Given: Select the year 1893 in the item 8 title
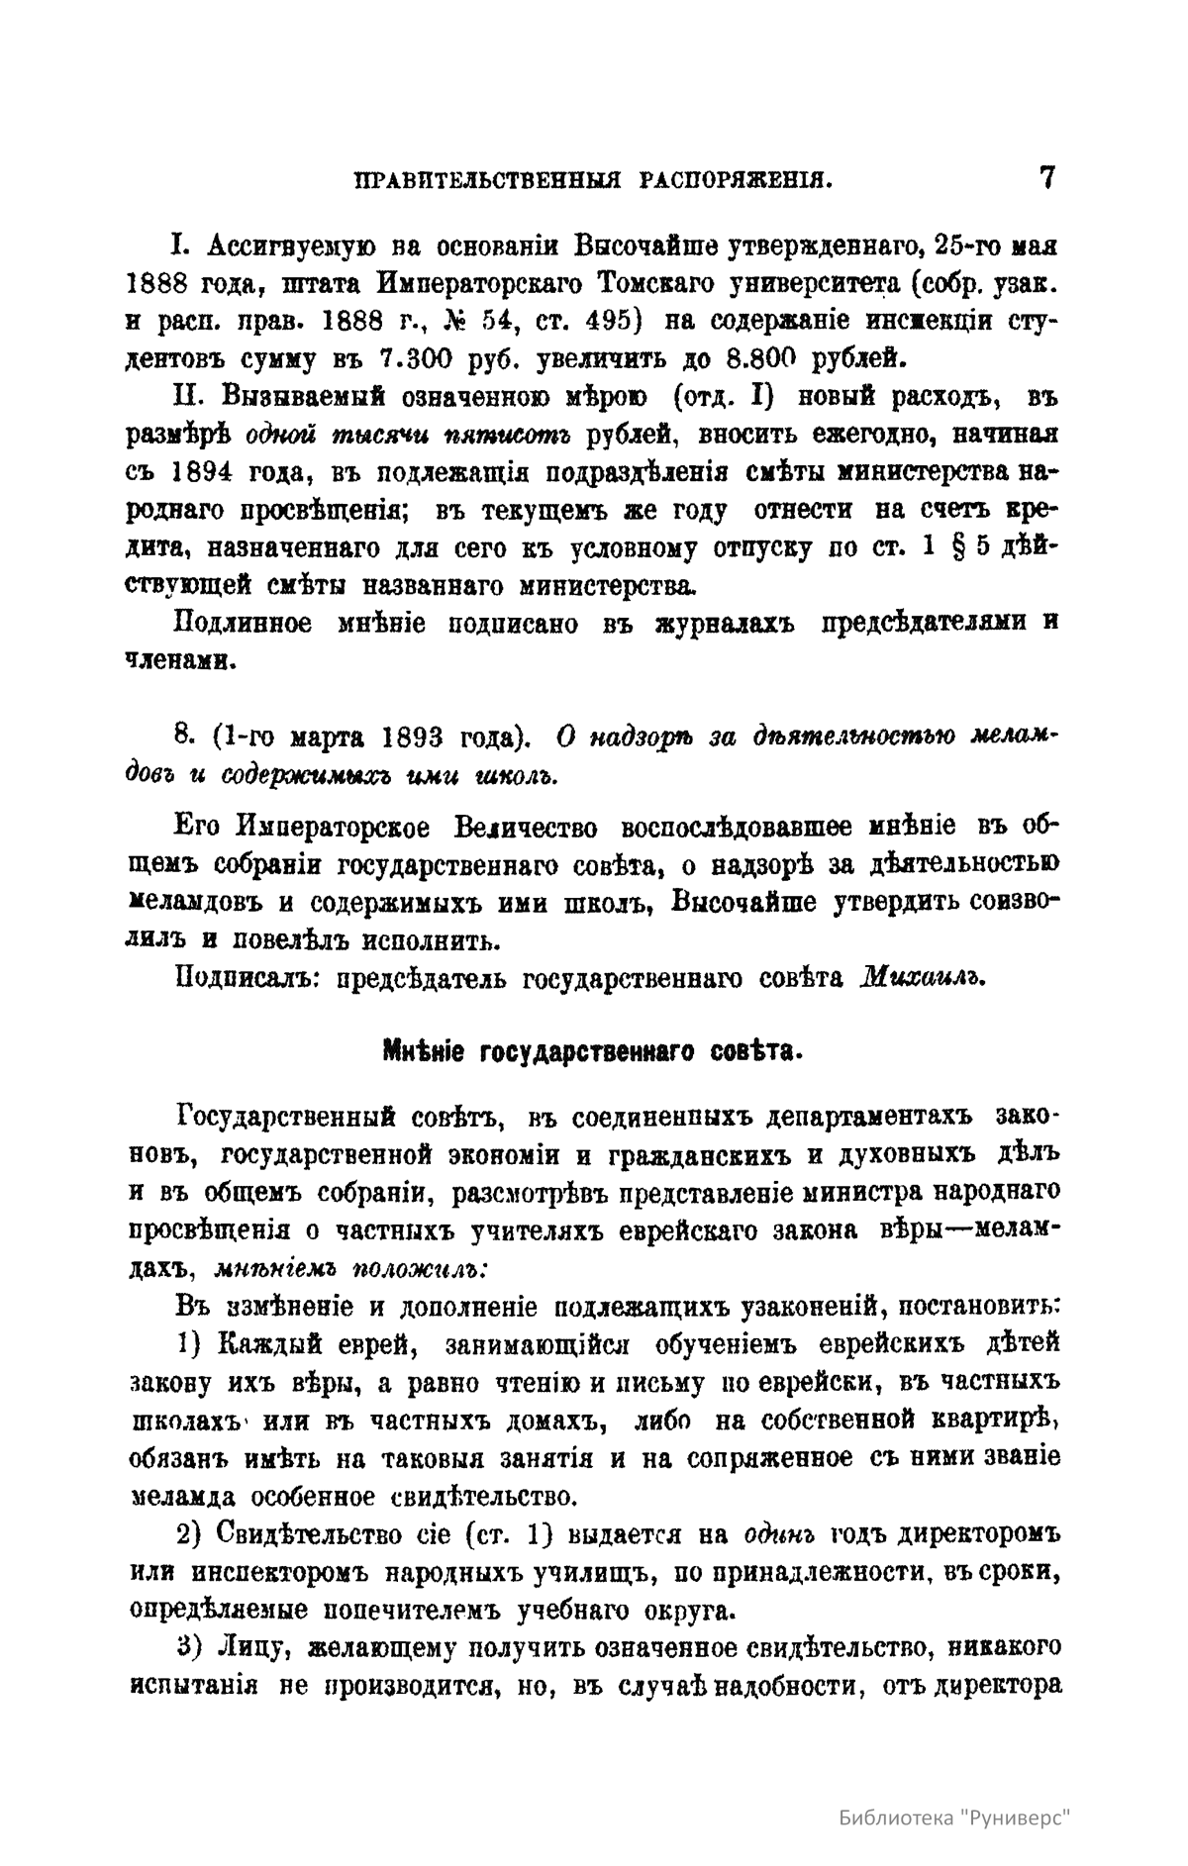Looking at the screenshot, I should coord(420,738).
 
